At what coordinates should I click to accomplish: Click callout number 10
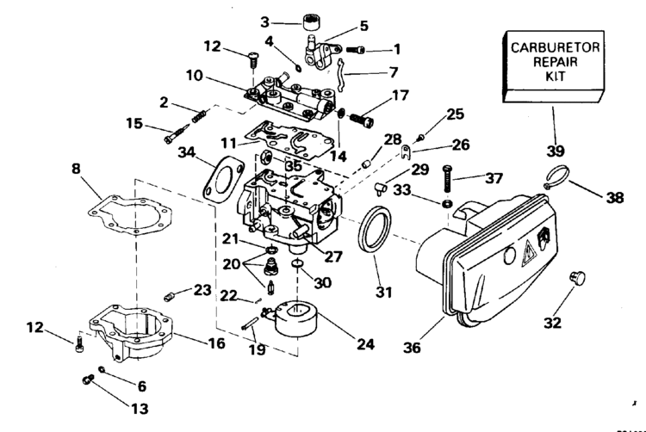(195, 77)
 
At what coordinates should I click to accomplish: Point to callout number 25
(455, 114)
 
